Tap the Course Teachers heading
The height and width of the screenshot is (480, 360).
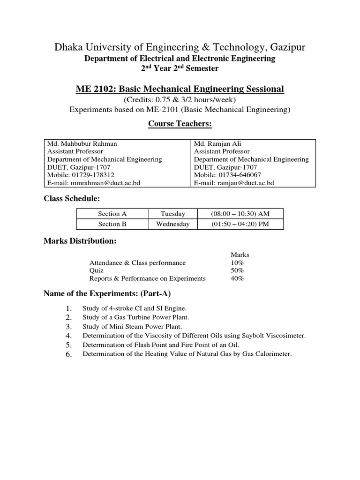click(x=180, y=124)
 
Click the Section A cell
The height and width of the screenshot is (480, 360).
click(x=112, y=214)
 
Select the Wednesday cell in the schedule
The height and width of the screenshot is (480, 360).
click(x=173, y=224)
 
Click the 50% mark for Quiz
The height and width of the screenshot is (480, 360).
click(x=237, y=270)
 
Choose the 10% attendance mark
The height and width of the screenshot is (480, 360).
click(x=237, y=263)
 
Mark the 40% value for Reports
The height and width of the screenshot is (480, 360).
click(x=237, y=278)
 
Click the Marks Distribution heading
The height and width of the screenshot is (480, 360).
click(x=80, y=241)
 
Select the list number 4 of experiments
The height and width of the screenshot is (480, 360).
click(x=68, y=336)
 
